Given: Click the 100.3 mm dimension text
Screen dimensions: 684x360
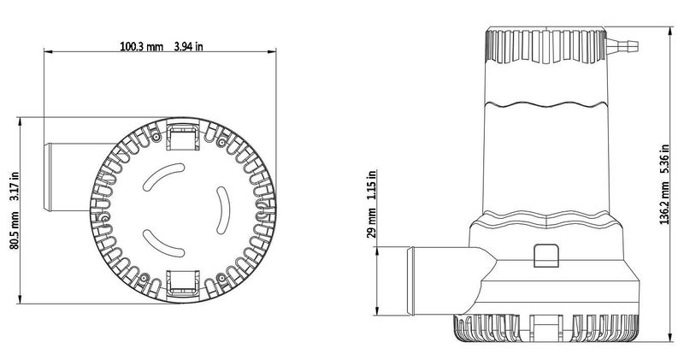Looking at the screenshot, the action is tap(142, 46).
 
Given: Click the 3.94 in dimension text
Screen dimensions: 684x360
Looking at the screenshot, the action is tap(188, 46).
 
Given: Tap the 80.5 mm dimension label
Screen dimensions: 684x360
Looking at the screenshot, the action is tap(15, 230).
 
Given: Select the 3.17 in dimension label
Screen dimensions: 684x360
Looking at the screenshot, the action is tap(15, 186).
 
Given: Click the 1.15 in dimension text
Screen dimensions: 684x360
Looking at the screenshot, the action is tap(371, 185).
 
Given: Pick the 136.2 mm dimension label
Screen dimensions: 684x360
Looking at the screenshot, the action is tap(664, 204).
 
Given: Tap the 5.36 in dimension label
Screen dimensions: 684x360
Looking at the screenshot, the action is tap(664, 159).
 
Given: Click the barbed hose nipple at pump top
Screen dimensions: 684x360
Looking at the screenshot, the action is tap(622, 44).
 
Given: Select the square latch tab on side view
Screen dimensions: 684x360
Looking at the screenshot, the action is tap(545, 256).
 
